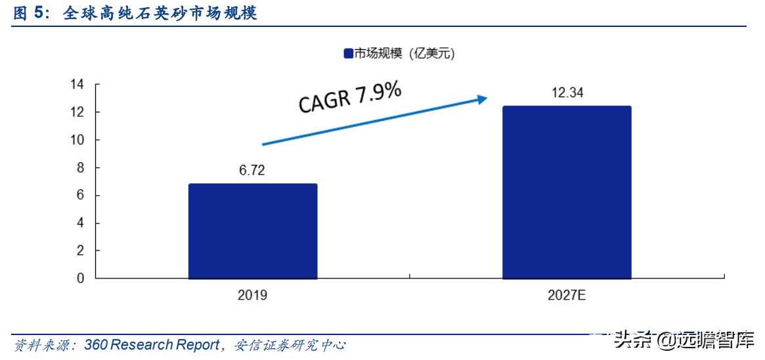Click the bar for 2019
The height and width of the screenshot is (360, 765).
(x=253, y=231)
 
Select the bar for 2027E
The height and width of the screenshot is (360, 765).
(x=567, y=192)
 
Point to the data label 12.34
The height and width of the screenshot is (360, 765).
(x=567, y=93)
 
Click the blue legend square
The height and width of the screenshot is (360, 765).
(x=348, y=55)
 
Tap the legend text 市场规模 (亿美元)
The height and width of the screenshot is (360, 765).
(x=404, y=55)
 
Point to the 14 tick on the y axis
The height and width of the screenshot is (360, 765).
(x=77, y=85)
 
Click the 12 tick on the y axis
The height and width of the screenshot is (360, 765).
(x=77, y=112)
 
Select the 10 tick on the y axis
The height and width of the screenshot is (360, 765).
(x=77, y=140)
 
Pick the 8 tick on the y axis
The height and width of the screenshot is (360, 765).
(x=80, y=168)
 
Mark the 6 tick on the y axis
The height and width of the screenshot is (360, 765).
(x=80, y=196)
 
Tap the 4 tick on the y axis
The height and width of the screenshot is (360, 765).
(x=80, y=223)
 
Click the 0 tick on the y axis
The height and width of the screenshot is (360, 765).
(x=80, y=279)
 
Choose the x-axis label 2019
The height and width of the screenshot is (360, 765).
(x=253, y=296)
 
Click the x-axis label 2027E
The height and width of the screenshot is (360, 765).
(x=567, y=296)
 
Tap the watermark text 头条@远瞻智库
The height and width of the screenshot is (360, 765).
(x=683, y=341)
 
